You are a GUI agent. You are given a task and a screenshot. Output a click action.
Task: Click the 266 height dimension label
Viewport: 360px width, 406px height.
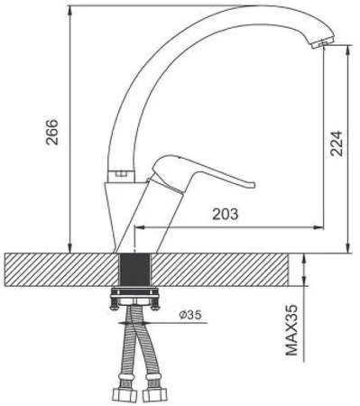pos(51,133)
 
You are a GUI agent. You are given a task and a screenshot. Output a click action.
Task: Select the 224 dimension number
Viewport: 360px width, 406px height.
pos(337,143)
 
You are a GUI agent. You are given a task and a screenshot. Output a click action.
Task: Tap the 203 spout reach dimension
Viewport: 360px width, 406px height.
pos(226,214)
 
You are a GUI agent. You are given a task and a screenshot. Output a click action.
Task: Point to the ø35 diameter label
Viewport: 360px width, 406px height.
pos(190,315)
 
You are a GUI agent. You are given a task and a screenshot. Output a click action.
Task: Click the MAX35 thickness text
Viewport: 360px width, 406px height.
pos(291,330)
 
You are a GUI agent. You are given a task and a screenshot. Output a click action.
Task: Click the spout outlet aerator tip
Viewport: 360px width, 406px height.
pos(323,42)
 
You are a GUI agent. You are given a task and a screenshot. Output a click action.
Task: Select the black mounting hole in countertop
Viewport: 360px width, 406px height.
pos(134,270)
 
